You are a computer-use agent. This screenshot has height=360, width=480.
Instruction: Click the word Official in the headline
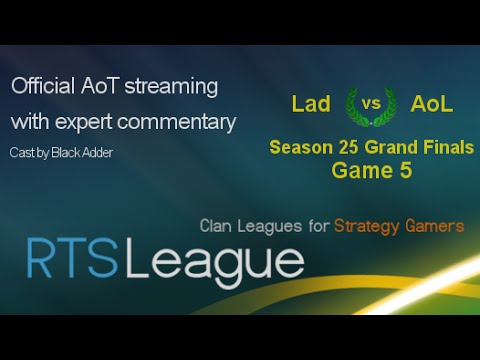click(x=42, y=87)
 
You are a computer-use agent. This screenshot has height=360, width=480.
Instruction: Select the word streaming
click(x=170, y=87)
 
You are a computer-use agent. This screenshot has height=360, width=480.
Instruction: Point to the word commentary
click(x=176, y=122)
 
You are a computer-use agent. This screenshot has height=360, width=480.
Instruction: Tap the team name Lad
click(x=312, y=104)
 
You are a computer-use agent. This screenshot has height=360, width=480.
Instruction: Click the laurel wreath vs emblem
click(x=369, y=104)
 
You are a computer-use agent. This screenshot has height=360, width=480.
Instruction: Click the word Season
click(x=297, y=149)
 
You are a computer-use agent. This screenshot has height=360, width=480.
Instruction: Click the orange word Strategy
click(x=371, y=226)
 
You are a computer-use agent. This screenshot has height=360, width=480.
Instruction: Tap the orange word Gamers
click(x=436, y=226)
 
